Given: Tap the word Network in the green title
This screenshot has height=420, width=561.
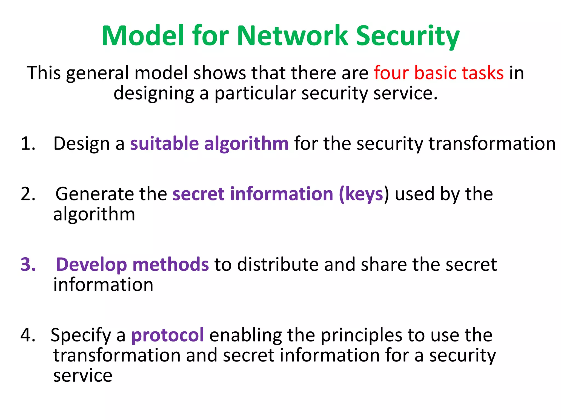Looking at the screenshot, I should pyautogui.click(x=292, y=36).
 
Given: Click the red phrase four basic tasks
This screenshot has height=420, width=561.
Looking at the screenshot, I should pyautogui.click(x=439, y=73).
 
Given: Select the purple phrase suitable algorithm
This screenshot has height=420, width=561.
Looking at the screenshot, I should pyautogui.click(x=209, y=144).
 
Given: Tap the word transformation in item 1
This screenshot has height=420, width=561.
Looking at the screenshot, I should pyautogui.click(x=492, y=144).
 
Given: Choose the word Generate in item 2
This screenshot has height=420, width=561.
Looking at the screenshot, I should pyautogui.click(x=95, y=194).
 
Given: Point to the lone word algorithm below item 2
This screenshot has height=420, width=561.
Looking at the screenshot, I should pyautogui.click(x=94, y=215).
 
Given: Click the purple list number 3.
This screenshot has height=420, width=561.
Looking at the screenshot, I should pyautogui.click(x=28, y=265).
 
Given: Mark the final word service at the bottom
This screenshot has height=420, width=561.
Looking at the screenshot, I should pyautogui.click(x=83, y=376).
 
